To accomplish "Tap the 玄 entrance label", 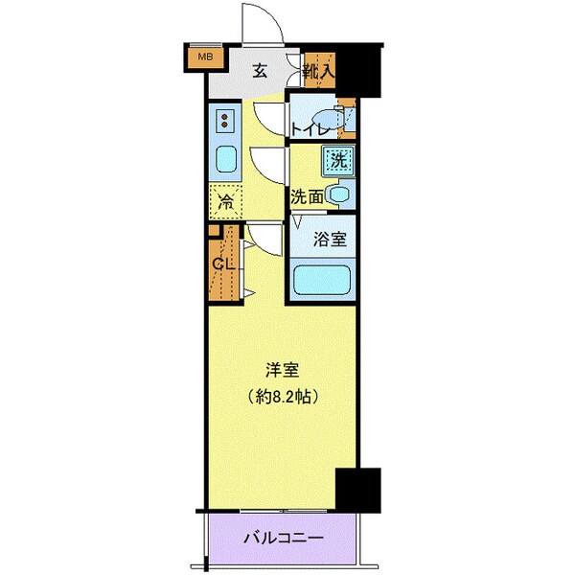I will pos(260,69).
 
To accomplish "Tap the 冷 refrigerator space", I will pos(226,202).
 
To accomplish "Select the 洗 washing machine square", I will pos(337,161).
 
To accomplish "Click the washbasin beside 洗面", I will pos(338,195).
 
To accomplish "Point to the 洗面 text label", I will pos(307,197).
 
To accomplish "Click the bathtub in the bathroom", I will pos(322,282).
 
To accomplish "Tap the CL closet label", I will pos(223,264).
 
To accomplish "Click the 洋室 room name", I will pos(282,368).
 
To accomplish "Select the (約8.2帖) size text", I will pos(282,395).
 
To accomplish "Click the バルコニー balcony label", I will pos(282,538).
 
